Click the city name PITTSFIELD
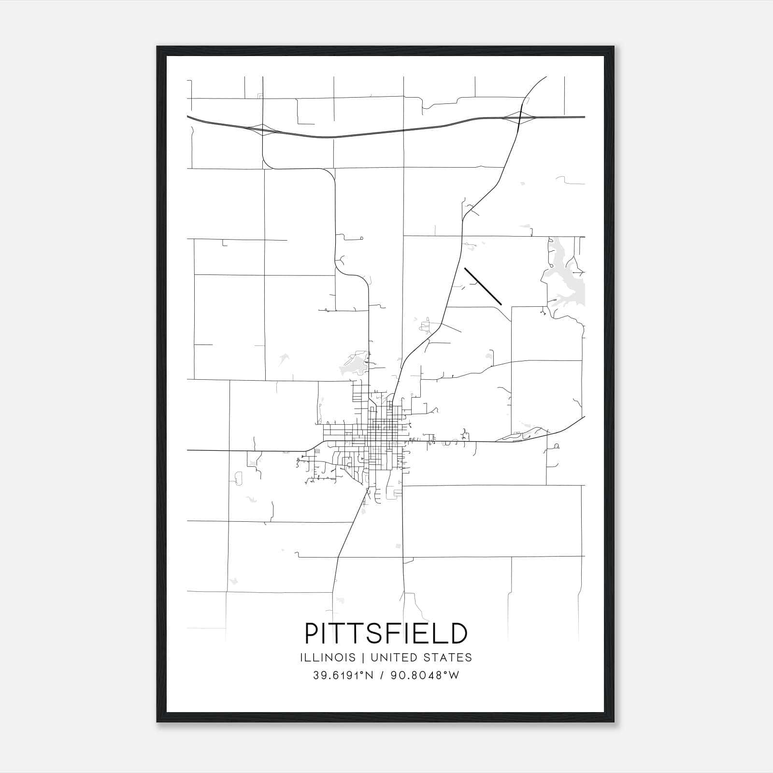pos(386,633)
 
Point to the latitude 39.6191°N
pos(344,675)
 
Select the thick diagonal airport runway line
pos(483,286)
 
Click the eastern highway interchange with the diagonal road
pos(519,117)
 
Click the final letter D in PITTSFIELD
pos(459,633)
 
